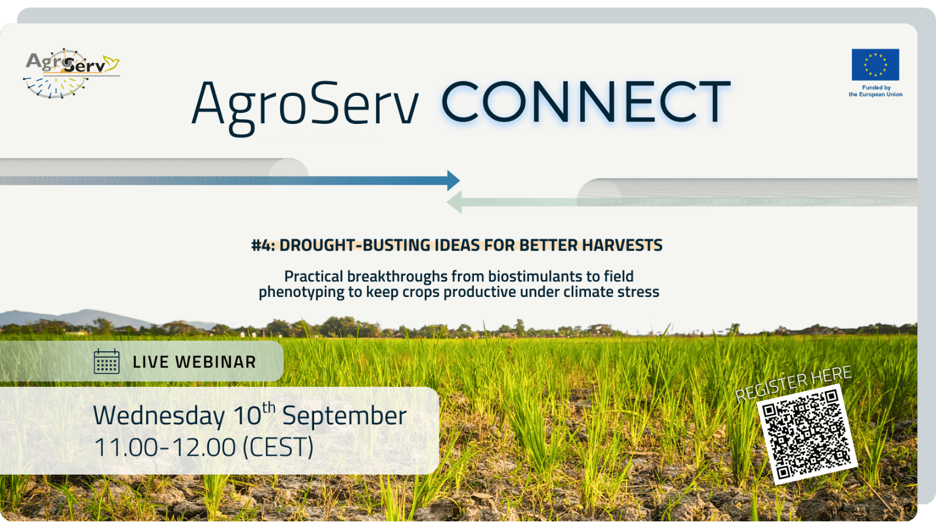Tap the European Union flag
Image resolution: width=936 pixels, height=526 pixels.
875,64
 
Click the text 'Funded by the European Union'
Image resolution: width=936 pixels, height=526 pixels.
875,91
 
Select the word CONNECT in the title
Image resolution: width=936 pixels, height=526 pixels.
586,102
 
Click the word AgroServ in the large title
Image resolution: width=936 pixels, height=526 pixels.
305,107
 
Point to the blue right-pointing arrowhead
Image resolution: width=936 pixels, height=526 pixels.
453,181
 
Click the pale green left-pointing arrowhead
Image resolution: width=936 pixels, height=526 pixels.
454,202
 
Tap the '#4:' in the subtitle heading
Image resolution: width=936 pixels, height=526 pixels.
263,245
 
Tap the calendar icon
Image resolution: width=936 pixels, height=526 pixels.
106,362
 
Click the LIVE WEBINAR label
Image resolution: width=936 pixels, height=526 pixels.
194,362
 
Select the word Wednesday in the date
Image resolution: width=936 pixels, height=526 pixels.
159,416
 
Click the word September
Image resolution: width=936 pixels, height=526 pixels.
345,416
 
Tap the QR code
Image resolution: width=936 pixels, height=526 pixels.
807,434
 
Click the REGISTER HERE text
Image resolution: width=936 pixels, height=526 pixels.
793,383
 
